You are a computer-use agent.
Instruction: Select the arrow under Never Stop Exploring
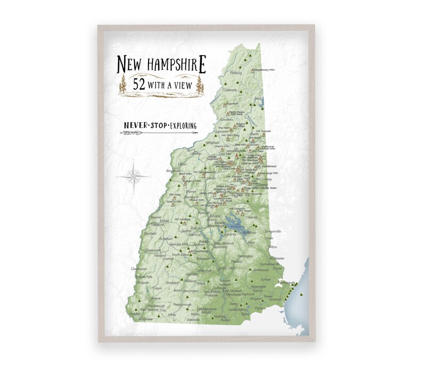[158, 133]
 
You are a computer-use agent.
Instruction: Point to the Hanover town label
[156, 217]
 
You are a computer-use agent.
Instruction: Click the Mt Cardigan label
[183, 219]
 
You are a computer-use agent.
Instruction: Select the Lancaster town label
[225, 130]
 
